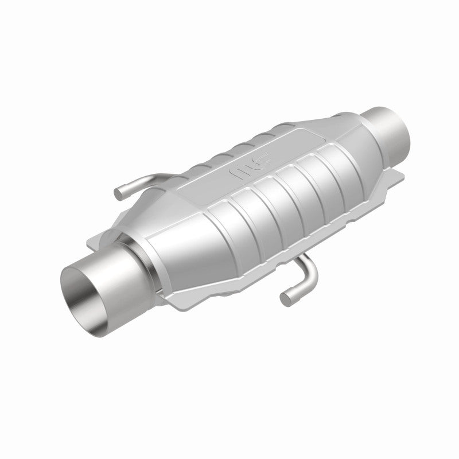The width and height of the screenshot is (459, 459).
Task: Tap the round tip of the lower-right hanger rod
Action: (x=286, y=297)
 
